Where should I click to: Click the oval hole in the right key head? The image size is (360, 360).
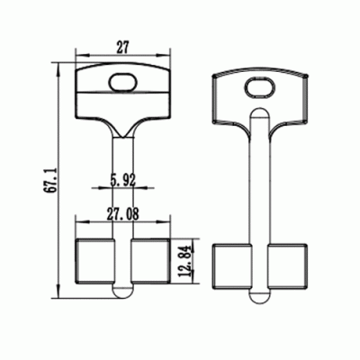click(x=258, y=86)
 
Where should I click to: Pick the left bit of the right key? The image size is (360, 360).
click(x=228, y=265)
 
